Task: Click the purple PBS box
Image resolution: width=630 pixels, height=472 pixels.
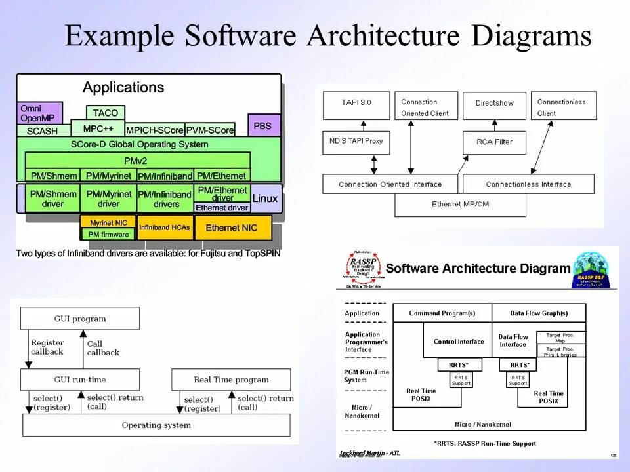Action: [262, 125]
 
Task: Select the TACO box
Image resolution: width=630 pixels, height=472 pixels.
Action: [105, 113]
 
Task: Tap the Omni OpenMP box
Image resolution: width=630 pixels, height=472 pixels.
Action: [39, 113]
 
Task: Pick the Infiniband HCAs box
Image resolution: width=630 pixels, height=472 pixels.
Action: [164, 227]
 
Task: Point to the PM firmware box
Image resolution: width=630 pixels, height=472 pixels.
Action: [108, 234]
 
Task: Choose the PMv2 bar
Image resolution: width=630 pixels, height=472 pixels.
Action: [138, 160]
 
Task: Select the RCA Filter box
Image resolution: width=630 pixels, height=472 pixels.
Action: [495, 142]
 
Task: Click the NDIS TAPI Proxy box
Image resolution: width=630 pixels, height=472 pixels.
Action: [356, 142]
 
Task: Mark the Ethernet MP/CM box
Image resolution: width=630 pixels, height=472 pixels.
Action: [460, 205]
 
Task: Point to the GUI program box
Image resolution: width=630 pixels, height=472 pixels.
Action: [80, 319]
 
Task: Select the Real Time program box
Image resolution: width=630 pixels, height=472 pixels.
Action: [231, 380]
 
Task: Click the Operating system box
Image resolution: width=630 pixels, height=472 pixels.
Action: [156, 425]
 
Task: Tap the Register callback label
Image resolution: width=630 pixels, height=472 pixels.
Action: [47, 347]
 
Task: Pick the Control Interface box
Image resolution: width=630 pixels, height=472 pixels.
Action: [459, 342]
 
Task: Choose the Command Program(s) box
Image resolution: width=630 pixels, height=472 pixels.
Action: [442, 313]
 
